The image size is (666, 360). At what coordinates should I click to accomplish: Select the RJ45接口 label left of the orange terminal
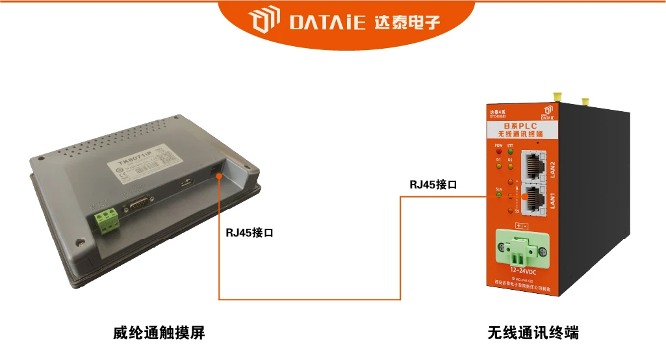[x=433, y=185]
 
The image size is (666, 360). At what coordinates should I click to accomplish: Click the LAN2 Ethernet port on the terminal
[x=534, y=165]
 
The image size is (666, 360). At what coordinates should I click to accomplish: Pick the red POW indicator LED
[x=499, y=153]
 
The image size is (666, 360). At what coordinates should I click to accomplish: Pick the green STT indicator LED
[x=510, y=153]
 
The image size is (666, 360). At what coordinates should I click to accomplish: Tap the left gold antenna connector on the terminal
[x=556, y=97]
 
